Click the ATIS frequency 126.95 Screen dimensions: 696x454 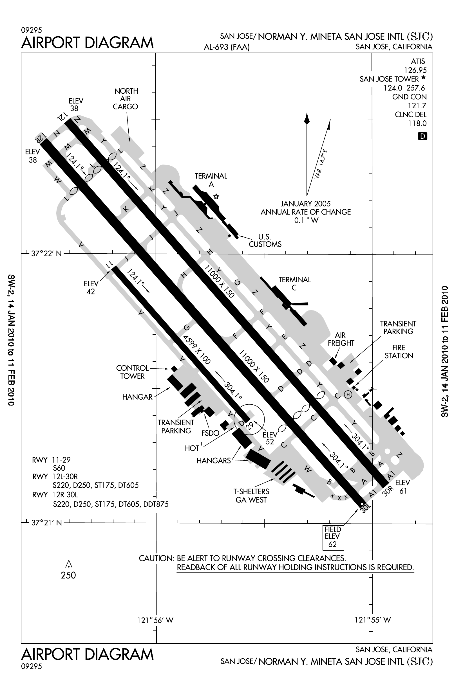click(x=415, y=70)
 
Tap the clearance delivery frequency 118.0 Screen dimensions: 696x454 click(x=417, y=123)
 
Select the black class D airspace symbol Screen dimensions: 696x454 click(x=423, y=136)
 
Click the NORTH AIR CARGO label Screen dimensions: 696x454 click(x=126, y=99)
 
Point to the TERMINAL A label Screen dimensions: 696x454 click(x=211, y=180)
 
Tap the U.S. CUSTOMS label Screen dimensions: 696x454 click(x=265, y=240)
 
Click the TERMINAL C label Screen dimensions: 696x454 click(x=294, y=284)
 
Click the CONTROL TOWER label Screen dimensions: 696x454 click(x=132, y=372)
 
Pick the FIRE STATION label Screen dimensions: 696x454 click(x=399, y=352)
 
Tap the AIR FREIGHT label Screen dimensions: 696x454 click(x=341, y=339)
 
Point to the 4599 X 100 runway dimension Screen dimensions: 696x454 click(x=196, y=350)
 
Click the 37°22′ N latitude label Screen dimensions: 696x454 click(x=46, y=254)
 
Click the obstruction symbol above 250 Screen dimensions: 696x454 click(x=69, y=564)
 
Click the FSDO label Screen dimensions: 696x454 click(x=210, y=433)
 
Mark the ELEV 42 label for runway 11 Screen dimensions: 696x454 click(x=91, y=287)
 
